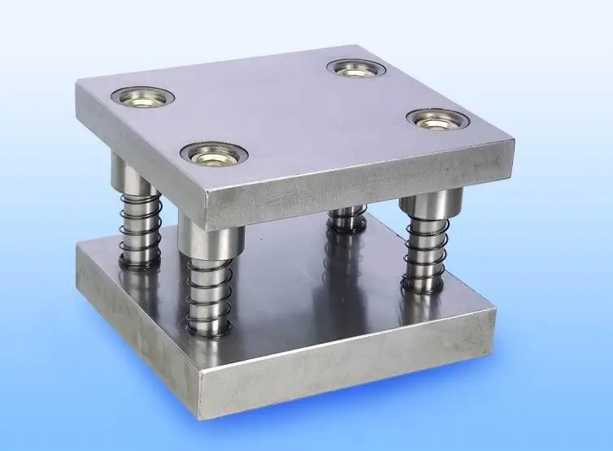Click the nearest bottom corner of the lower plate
(x=204, y=416)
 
